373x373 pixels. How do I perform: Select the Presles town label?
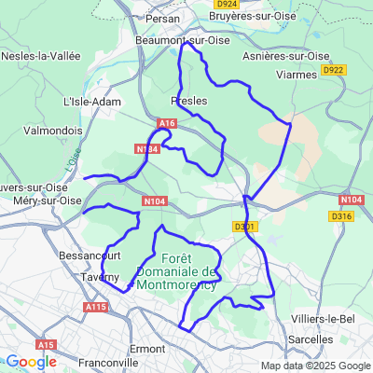click(x=189, y=100)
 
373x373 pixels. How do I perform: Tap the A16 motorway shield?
click(x=167, y=122)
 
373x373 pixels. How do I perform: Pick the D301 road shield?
click(x=243, y=226)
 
